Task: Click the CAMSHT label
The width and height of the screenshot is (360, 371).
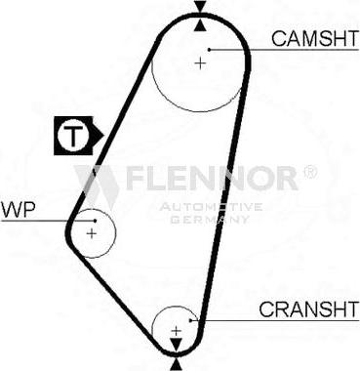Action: pos(310,38)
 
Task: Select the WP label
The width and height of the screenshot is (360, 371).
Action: pos(17,209)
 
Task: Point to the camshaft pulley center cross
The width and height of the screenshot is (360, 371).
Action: pos(200,62)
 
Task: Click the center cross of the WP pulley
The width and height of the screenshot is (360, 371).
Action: pos(91,233)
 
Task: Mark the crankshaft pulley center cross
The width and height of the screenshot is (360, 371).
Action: pos(176,331)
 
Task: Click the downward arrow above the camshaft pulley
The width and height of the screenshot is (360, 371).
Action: pos(200,8)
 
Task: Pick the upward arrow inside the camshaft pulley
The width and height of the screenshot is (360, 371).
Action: pos(200,24)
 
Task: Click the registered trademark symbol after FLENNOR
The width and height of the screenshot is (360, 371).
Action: pos(309,173)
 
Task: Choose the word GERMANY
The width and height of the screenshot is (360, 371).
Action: pos(211,219)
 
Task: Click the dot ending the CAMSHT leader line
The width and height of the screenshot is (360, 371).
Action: pos(208,48)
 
